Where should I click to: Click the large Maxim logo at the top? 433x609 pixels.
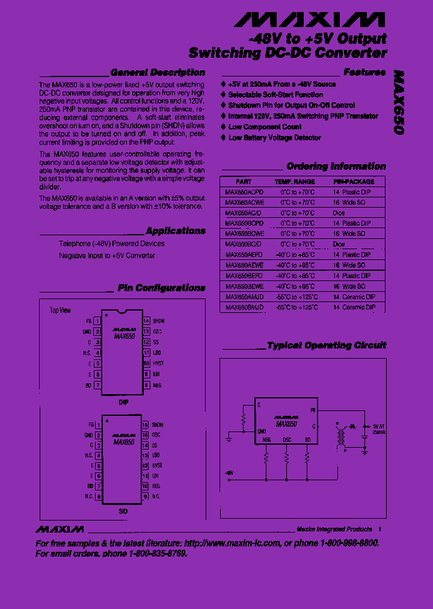click(309, 20)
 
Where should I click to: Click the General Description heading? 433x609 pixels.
click(158, 72)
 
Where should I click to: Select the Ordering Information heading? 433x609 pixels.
click(336, 166)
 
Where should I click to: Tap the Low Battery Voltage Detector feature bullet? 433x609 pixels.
click(274, 138)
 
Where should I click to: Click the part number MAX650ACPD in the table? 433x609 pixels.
click(244, 192)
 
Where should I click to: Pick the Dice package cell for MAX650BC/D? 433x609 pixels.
click(339, 244)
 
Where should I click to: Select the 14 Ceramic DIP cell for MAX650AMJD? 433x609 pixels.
click(354, 297)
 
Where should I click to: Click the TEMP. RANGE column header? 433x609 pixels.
click(295, 181)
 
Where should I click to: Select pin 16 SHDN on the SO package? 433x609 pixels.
click(153, 425)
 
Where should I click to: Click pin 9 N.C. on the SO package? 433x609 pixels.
click(152, 496)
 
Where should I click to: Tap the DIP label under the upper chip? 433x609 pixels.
click(123, 401)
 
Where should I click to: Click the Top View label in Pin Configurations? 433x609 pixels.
click(60, 311)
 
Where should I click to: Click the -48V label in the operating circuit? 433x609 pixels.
click(229, 473)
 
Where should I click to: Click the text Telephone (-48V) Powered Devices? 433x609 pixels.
click(111, 244)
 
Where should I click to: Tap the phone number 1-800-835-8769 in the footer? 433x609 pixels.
click(156, 554)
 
